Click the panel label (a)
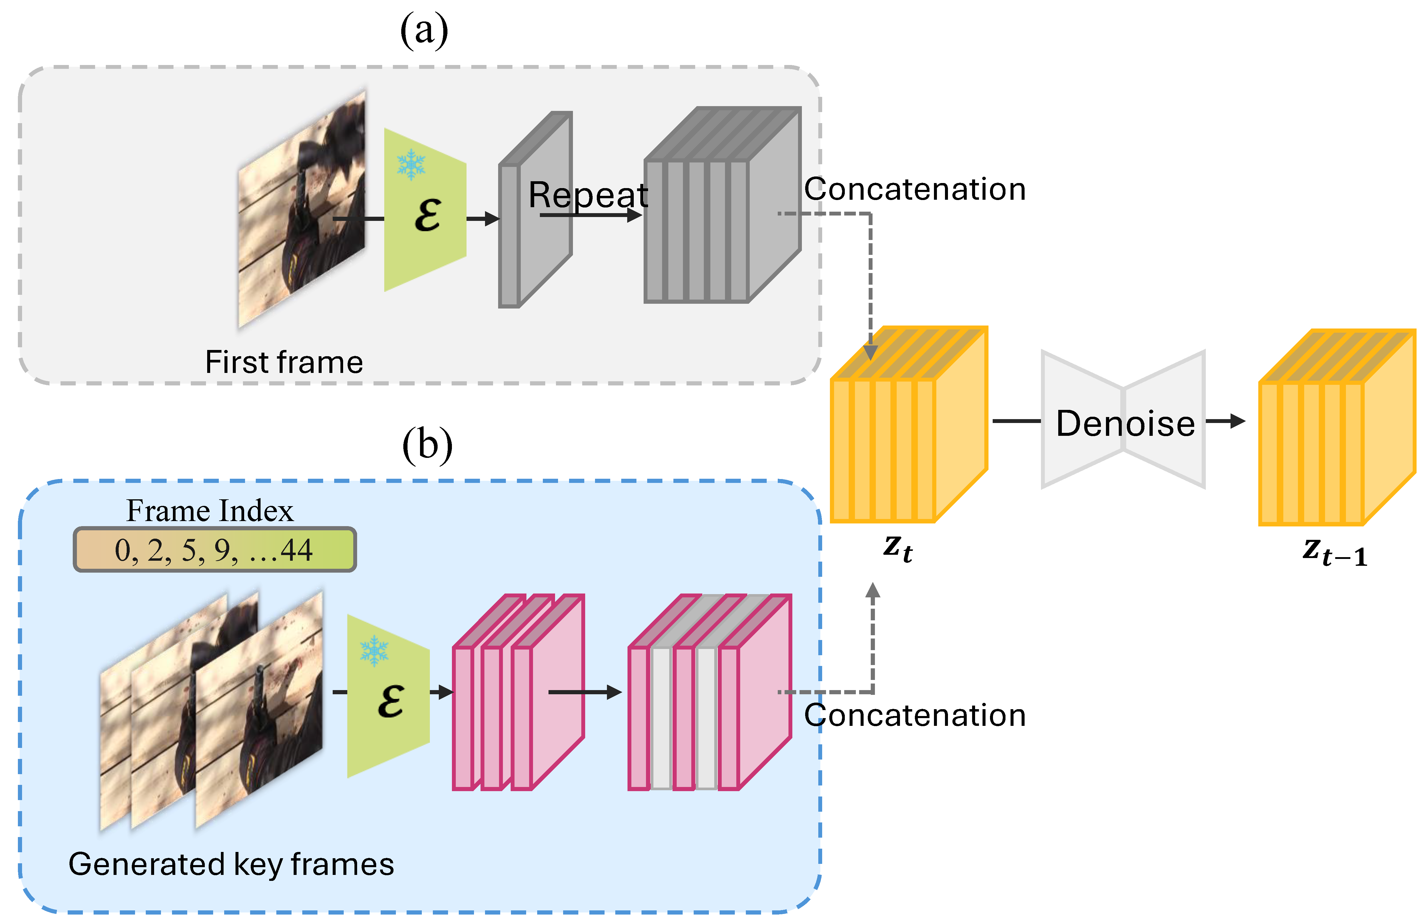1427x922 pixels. pos(424,31)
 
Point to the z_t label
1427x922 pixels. pos(898,548)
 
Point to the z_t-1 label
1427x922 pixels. pos(1335,552)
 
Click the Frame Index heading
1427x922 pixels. pos(210,511)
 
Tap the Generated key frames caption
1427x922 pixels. pos(231,864)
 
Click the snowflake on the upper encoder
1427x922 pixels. pos(411,165)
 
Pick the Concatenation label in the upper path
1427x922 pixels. pos(914,189)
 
